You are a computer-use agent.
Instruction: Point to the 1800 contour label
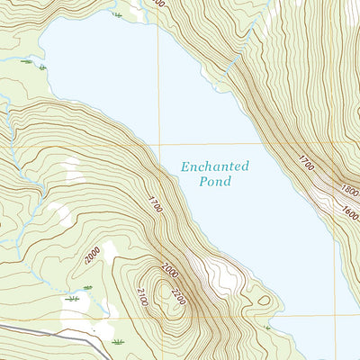point(350,191)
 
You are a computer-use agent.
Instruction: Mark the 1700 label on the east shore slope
point(307,163)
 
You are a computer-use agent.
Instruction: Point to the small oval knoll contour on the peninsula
point(261,301)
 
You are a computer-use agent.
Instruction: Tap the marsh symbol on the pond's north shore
point(117,13)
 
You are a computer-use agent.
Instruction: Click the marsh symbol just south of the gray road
point(118,342)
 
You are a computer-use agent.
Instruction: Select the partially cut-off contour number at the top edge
point(158,4)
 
